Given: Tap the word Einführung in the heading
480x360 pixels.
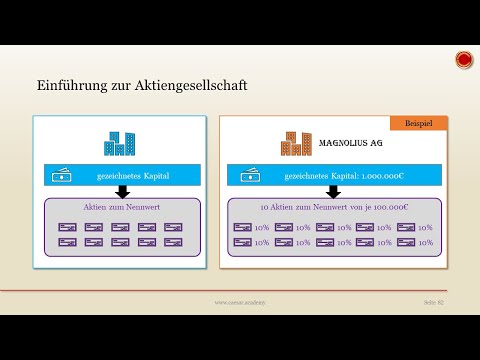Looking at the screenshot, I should click(68, 87).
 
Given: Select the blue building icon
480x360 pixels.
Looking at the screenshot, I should click(120, 143).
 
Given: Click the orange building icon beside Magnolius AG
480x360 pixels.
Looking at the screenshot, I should click(296, 143).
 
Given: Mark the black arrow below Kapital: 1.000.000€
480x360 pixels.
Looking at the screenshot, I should click(333, 192).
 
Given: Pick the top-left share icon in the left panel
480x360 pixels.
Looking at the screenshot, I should click(68, 227).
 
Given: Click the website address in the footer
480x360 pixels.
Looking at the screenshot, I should click(239, 302).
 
